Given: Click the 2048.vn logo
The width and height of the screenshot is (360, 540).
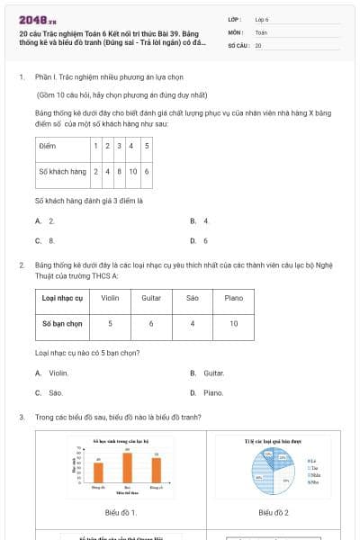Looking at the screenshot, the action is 39,19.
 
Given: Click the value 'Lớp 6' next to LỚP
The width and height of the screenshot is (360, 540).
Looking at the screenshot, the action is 262,19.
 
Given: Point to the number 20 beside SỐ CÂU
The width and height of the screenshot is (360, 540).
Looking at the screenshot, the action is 258,45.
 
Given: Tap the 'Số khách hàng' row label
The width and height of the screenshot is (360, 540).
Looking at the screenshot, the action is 63,170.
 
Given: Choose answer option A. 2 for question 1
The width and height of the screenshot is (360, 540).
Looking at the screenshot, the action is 46,220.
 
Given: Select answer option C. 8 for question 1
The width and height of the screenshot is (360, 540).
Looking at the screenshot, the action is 46,240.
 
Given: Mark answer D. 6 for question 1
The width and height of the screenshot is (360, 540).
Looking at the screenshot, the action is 201,240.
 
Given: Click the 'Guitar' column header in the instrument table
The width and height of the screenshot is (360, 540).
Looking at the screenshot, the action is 152,298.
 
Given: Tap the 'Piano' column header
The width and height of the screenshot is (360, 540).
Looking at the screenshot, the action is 234,298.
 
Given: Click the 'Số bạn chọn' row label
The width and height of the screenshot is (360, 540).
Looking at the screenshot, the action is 62,323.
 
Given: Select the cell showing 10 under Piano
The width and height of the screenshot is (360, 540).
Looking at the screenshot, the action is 234,323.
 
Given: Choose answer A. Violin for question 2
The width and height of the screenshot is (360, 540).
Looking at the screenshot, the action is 53,373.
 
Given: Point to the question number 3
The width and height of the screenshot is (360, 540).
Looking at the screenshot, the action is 21,418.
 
